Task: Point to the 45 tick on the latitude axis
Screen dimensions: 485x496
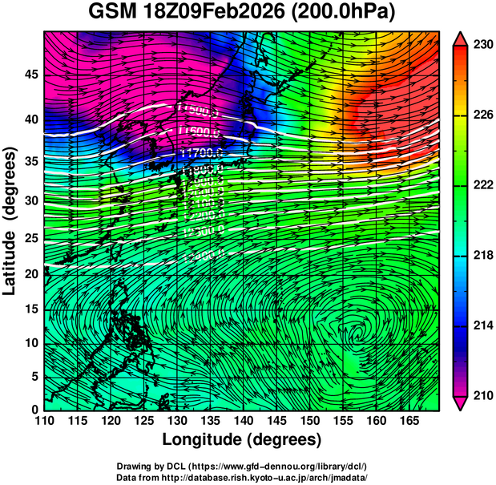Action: tap(31, 74)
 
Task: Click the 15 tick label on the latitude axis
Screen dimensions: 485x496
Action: tap(31, 310)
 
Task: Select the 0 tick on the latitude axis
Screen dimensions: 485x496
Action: tap(35, 410)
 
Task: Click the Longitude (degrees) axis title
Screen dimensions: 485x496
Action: tap(242, 439)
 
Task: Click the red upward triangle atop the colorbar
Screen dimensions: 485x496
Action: tap(461, 38)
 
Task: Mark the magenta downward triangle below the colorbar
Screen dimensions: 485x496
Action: tap(461, 403)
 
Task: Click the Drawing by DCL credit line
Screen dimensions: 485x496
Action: tap(241, 467)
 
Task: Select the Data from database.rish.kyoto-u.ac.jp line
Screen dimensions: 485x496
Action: tap(241, 478)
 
